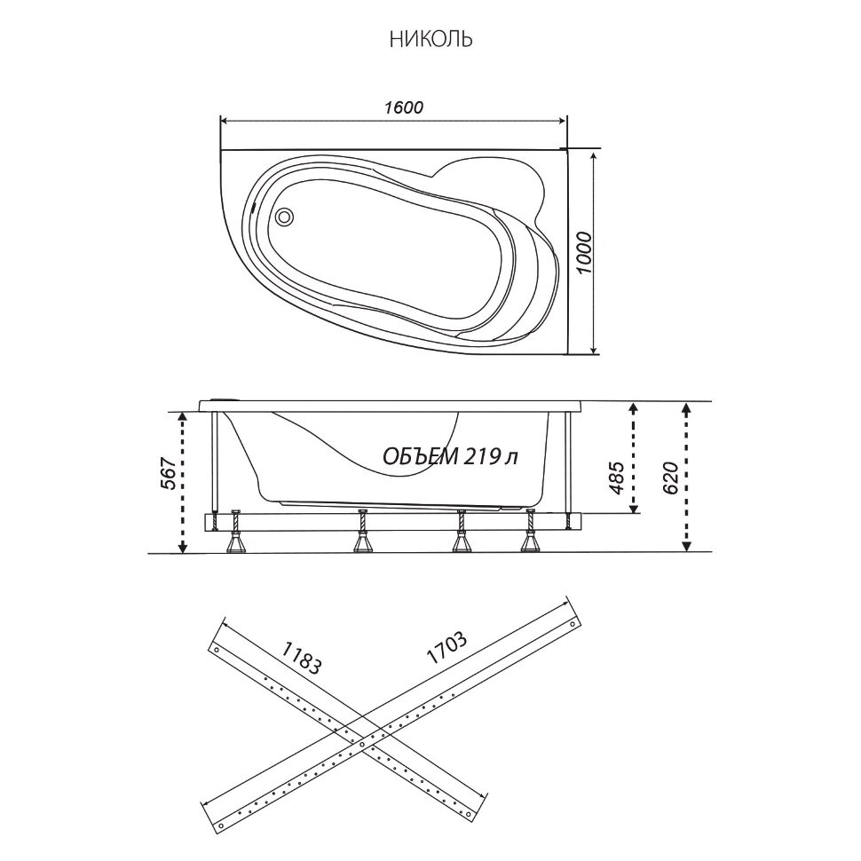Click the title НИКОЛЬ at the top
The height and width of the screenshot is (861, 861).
click(x=431, y=40)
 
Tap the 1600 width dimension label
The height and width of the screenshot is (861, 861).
click(x=404, y=107)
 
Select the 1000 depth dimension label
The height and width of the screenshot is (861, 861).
click(x=585, y=253)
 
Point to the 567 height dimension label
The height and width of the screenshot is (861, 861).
click(x=170, y=473)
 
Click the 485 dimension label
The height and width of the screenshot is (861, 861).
click(x=617, y=478)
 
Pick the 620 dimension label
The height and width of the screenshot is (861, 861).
click(x=670, y=478)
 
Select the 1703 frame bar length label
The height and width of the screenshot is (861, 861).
click(x=446, y=648)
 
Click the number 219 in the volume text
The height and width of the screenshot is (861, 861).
click(x=481, y=455)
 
